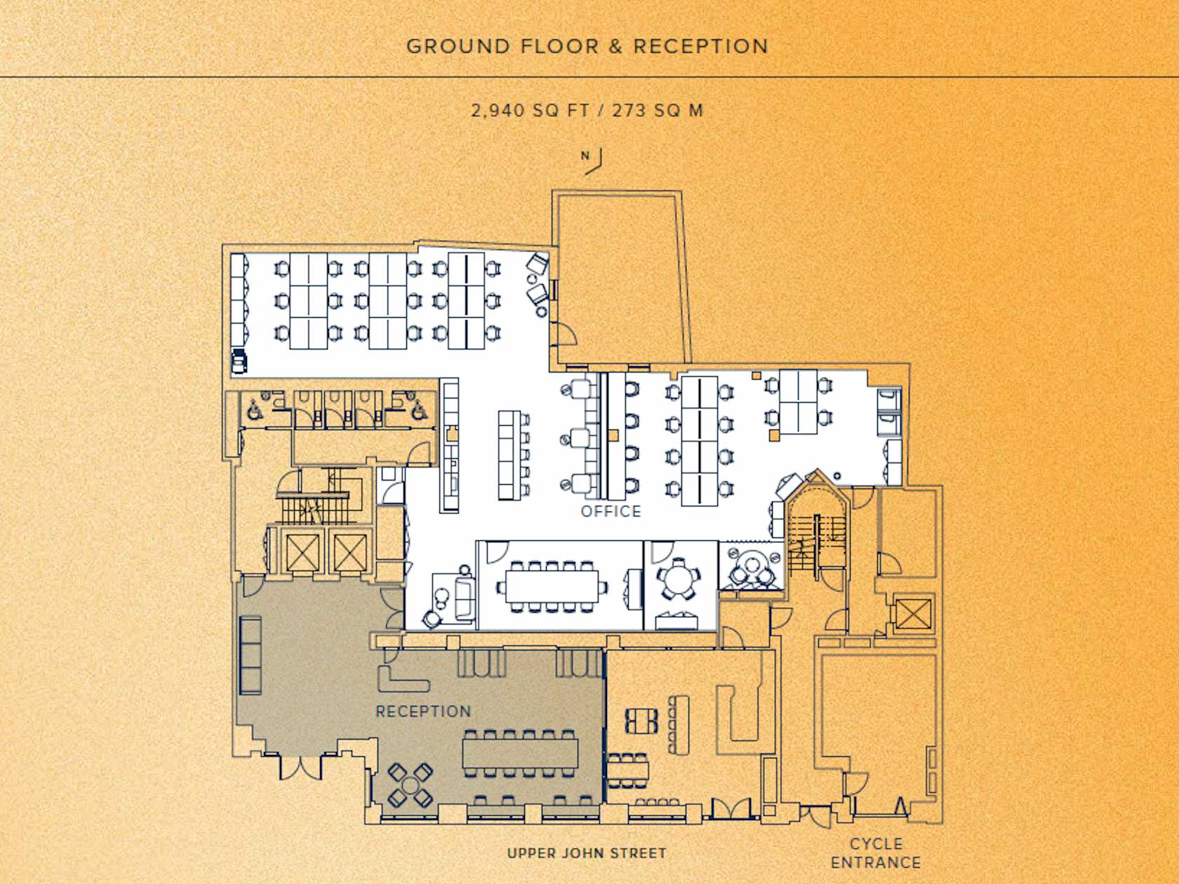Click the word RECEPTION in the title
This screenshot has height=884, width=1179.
[701, 47]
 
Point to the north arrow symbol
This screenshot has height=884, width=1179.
[592, 161]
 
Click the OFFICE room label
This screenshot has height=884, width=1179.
[611, 511]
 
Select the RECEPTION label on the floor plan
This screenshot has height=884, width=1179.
[423, 711]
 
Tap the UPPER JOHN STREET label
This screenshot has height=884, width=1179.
[587, 853]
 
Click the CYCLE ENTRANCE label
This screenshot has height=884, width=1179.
[876, 853]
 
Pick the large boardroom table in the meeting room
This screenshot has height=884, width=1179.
[552, 586]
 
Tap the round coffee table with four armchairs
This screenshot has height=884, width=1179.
[411, 786]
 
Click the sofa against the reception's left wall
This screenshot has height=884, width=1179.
[251, 656]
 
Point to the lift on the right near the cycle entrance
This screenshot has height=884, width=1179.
[913, 614]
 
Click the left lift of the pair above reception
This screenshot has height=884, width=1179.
[303, 552]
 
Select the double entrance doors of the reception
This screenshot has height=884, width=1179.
[300, 768]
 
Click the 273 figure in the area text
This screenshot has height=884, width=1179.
[628, 111]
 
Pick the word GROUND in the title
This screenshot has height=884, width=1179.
[458, 47]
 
